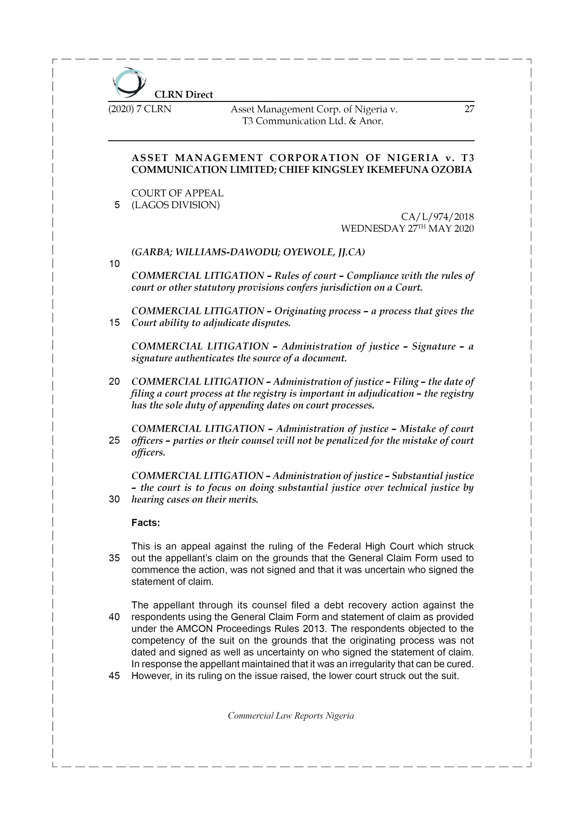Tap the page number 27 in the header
469,109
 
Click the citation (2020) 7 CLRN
140,109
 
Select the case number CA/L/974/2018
437,217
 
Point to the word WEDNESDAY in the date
372,229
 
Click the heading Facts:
146,523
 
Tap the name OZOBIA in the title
451,170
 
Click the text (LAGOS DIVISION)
175,205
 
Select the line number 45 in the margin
114,676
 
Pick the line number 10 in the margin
114,264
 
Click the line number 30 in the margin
114,499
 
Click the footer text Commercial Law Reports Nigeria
291,716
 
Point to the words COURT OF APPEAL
177,193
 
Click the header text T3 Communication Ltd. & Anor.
313,121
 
